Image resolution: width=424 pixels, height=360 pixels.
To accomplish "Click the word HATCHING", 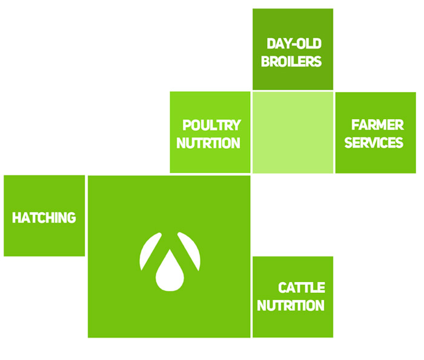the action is (44, 218).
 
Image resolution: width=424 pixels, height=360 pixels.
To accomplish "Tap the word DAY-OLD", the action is (294, 44).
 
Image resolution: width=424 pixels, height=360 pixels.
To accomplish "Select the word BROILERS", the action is (291, 61).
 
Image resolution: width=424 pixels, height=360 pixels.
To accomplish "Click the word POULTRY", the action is (212, 125).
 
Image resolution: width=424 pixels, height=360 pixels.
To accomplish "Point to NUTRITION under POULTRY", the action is (208, 143).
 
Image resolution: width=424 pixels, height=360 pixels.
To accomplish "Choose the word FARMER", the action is (377, 125).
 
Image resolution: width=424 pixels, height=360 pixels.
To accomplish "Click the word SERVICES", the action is (374, 143).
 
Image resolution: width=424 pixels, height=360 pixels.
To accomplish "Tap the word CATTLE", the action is (302, 287).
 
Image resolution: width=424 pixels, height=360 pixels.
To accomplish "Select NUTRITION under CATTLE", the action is (291, 306).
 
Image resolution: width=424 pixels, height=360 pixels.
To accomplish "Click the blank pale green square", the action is (293, 133).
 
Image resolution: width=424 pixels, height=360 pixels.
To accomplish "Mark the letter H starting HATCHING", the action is (16, 218).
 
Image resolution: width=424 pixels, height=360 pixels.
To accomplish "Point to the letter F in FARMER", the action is (355, 125).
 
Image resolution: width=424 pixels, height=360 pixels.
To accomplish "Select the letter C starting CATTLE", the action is (283, 287).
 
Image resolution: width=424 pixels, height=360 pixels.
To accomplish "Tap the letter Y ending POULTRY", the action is (236, 125).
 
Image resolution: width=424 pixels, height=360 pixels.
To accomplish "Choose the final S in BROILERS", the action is (317, 61).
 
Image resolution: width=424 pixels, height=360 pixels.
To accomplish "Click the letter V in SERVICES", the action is (376, 143).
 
